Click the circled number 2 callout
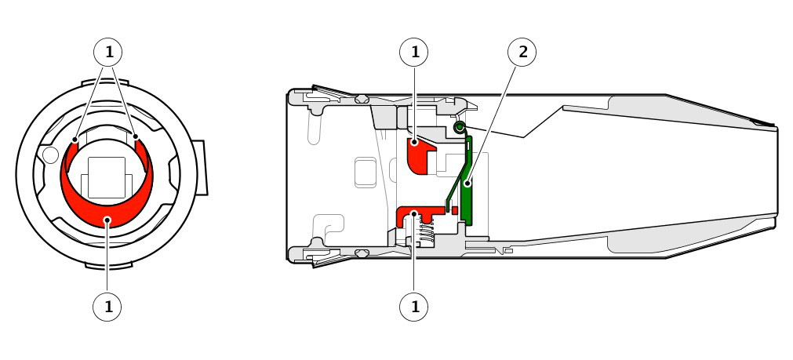point(522,52)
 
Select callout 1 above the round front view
point(107,52)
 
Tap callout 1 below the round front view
point(107,307)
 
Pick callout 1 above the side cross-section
point(413,52)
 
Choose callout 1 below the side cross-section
point(413,307)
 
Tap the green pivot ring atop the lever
point(459,127)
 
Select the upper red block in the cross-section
point(419,155)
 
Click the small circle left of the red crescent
point(50,155)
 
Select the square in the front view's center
point(107,177)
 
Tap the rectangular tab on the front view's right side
point(200,167)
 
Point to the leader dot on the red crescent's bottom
point(107,219)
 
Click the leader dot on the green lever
point(467,183)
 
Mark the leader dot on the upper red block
point(414,143)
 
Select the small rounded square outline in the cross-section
point(366,173)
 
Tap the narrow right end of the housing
point(775,178)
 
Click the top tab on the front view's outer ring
point(105,82)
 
